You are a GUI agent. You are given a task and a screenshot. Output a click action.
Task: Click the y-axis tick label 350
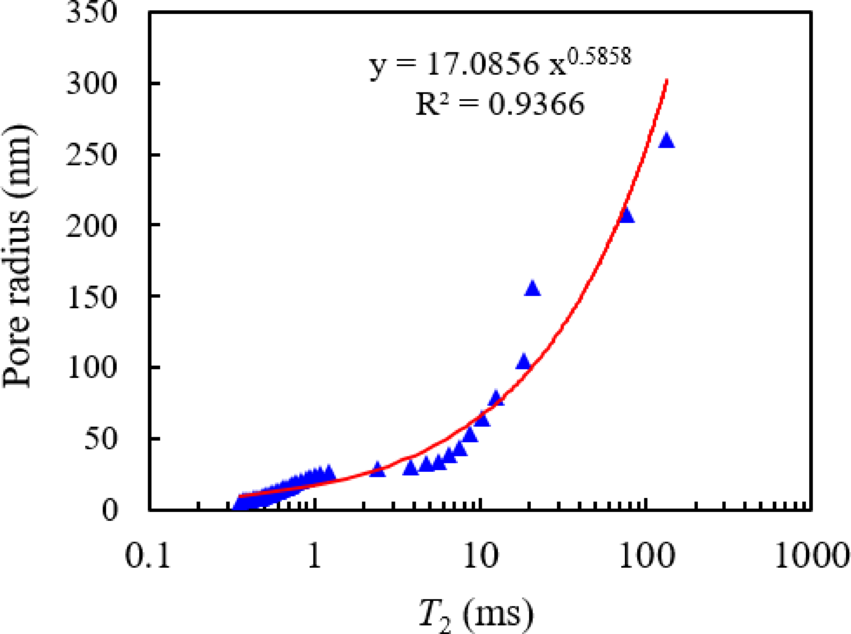92,12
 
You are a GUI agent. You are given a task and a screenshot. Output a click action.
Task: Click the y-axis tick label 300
92,84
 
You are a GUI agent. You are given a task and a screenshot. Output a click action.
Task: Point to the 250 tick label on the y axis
92,154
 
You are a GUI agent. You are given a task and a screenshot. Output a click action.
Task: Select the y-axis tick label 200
92,225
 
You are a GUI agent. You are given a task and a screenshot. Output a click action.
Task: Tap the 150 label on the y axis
92,296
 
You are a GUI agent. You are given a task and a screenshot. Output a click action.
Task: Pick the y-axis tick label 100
92,367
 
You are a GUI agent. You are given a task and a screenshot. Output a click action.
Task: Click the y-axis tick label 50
101,438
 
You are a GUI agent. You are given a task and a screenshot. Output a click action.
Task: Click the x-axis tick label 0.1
148,555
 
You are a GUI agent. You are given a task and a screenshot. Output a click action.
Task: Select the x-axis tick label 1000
812,555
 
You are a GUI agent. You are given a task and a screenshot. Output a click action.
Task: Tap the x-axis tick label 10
481,555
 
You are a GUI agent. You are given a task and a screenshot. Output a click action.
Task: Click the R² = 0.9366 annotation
500,104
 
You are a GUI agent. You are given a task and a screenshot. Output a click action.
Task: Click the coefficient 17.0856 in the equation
482,65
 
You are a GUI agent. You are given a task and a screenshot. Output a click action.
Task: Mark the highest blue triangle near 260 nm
666,142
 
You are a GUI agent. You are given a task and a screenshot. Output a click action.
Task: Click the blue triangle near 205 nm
627,216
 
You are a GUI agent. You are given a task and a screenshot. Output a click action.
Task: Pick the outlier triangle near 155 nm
532,289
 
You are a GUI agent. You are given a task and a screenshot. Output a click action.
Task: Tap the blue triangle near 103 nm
523,362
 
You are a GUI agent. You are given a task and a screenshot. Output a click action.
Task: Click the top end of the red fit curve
667,81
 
